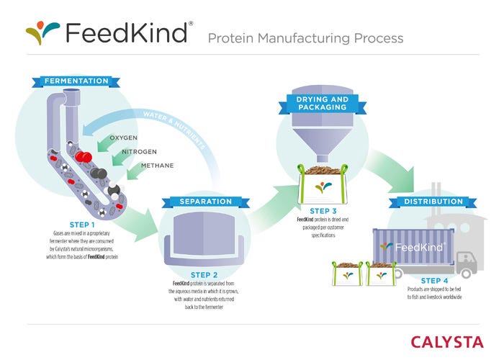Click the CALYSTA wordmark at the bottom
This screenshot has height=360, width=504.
click(x=451, y=341)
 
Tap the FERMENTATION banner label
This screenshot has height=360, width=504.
click(x=76, y=81)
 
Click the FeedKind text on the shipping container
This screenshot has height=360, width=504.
click(x=413, y=246)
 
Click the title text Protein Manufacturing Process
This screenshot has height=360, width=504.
click(x=305, y=37)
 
